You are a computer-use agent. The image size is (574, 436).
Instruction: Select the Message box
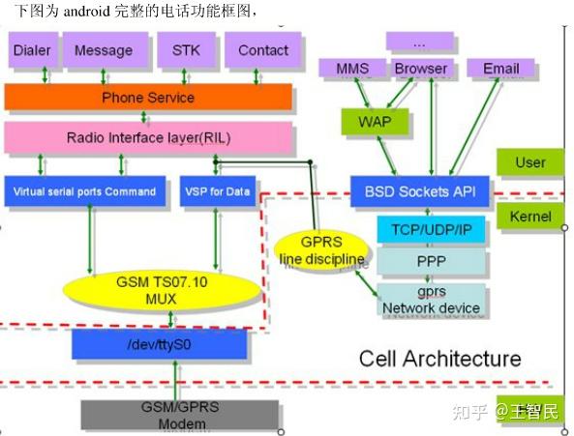pyautogui.click(x=104, y=50)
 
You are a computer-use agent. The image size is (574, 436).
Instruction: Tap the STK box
pyautogui.click(x=185, y=50)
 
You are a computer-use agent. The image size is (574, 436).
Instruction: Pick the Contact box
pyautogui.click(x=263, y=50)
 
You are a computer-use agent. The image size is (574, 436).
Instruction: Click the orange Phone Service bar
pyautogui.click(x=148, y=97)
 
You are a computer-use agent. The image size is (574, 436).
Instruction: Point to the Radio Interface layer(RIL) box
pyautogui.click(x=148, y=137)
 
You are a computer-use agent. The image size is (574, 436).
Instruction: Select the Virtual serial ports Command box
pyautogui.click(x=85, y=191)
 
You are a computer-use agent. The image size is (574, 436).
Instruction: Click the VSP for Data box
pyautogui.click(x=216, y=191)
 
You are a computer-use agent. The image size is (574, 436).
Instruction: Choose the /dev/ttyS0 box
pyautogui.click(x=146, y=343)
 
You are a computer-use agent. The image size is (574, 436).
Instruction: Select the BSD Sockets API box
pyautogui.click(x=419, y=191)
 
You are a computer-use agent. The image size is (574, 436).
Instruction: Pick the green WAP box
pyautogui.click(x=369, y=122)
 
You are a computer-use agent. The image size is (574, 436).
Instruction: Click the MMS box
pyautogui.click(x=352, y=69)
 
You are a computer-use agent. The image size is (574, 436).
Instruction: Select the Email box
pyautogui.click(x=500, y=69)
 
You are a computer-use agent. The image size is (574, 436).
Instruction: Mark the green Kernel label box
pyautogui.click(x=529, y=217)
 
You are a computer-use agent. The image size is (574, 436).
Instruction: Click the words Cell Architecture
pyautogui.click(x=439, y=359)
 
